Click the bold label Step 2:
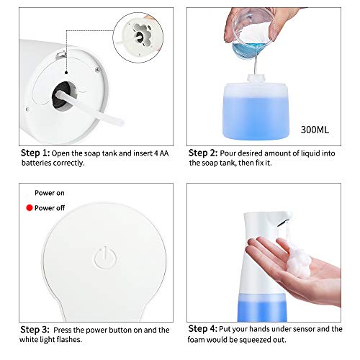pos(204,153)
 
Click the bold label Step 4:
pos(204,330)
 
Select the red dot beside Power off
pos(29,208)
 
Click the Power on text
pos(51,193)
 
